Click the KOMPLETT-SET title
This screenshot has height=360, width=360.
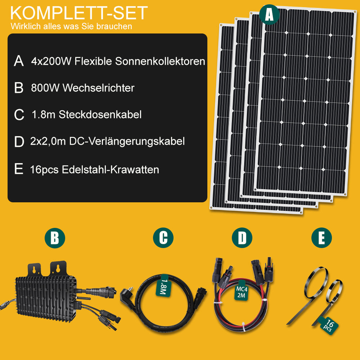click(x=79, y=13)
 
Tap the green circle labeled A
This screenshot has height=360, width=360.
click(x=269, y=14)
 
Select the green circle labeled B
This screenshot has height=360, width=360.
click(x=55, y=238)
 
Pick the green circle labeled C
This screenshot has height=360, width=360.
click(x=163, y=238)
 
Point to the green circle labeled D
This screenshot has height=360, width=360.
click(x=242, y=238)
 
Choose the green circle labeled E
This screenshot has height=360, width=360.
click(x=321, y=238)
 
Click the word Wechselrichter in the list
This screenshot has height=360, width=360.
click(x=99, y=88)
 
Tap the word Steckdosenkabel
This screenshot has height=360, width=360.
click(x=100, y=114)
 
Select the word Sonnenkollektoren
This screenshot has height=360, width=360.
click(x=160, y=61)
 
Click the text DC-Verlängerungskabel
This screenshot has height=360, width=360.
click(x=127, y=141)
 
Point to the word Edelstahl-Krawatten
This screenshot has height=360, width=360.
click(x=111, y=170)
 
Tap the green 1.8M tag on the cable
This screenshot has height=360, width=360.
click(x=163, y=285)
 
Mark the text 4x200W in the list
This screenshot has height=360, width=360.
click(x=51, y=61)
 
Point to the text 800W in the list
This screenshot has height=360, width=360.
click(x=45, y=88)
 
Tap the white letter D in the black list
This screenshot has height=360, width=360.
click(x=19, y=141)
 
